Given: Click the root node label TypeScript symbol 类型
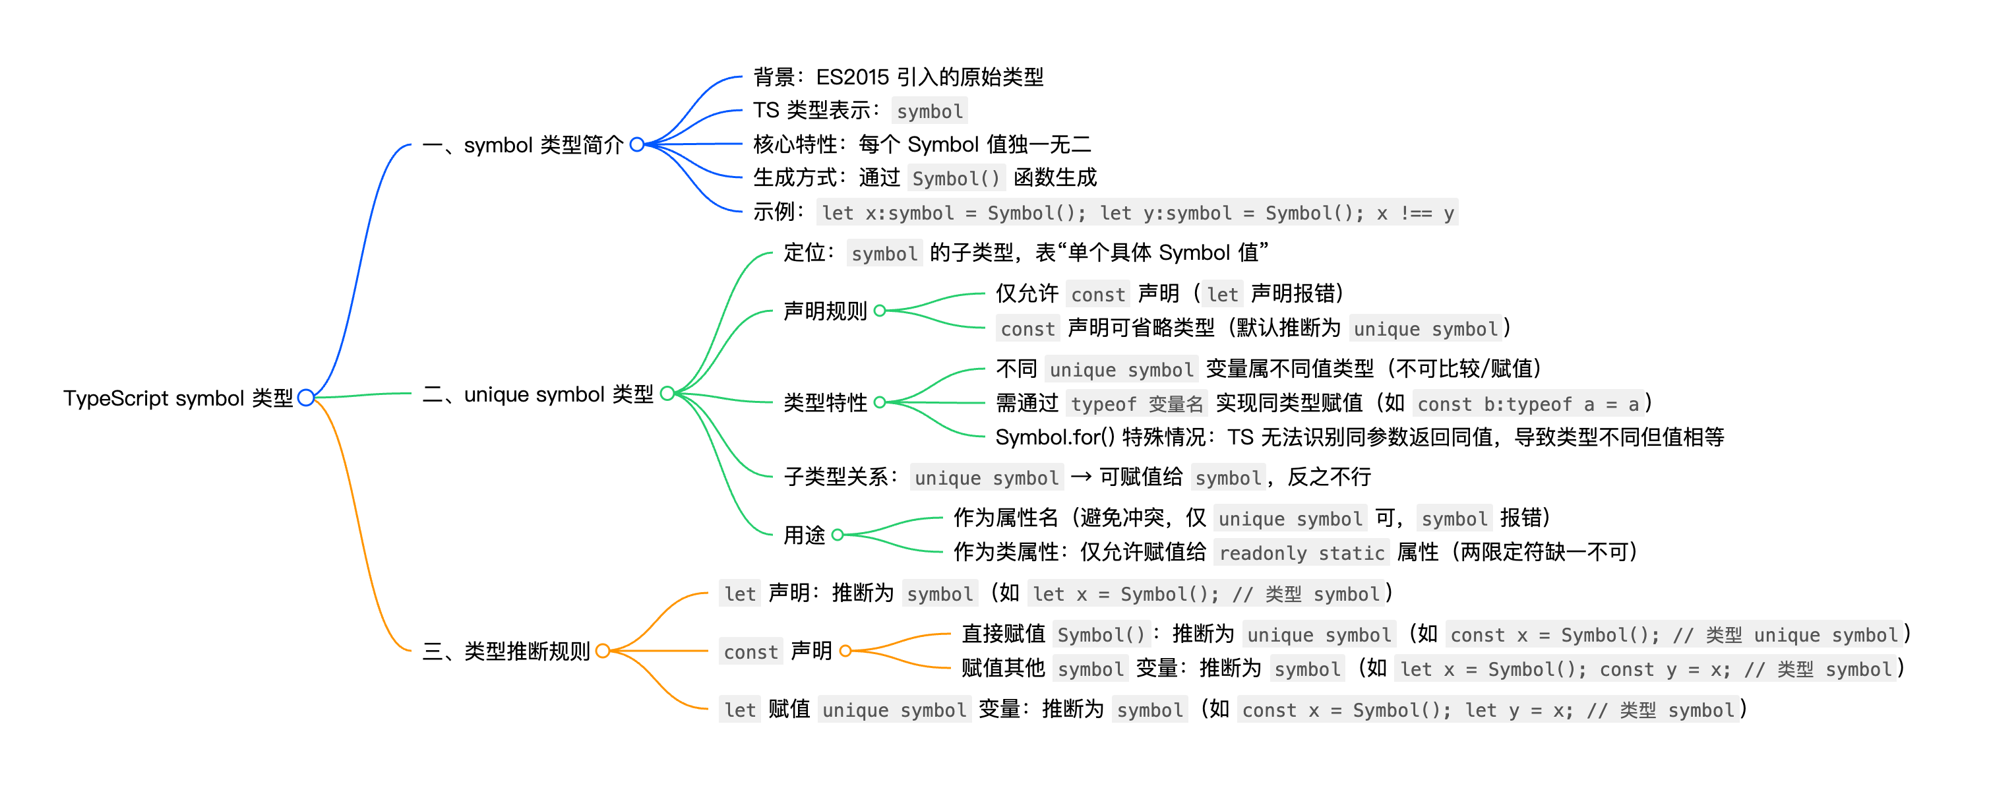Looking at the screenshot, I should point(177,398).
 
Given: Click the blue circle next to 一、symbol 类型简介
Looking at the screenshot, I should point(637,144).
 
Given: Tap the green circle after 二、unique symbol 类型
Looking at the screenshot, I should point(667,394).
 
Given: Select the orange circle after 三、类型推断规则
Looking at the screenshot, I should point(603,651).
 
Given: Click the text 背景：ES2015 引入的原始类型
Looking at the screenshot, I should point(898,77).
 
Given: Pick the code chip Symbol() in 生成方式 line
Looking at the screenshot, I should point(955,178).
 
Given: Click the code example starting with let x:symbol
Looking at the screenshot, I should point(1138,213).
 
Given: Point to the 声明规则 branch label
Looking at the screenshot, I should point(824,311).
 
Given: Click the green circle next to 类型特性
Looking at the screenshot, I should point(880,402).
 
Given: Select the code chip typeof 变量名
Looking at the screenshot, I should point(1136,404).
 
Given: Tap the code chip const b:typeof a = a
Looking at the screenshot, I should point(1527,404).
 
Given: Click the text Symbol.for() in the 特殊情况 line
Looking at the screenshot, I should point(1054,438).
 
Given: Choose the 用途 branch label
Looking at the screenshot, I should point(804,535).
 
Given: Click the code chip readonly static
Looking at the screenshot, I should point(1301,553).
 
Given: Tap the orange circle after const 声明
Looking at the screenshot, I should point(845,651).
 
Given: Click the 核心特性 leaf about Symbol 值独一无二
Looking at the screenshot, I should point(922,144).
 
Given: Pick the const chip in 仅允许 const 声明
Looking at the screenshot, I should point(1097,295).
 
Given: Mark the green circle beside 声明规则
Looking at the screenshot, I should point(880,311).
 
